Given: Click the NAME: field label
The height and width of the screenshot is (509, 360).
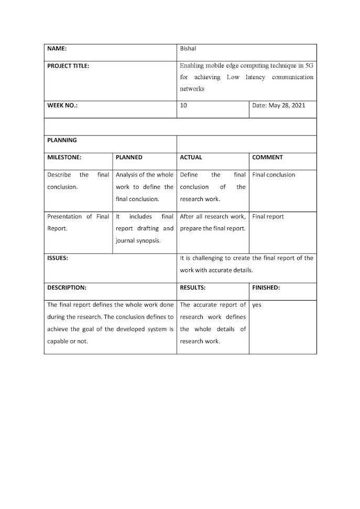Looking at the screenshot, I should [57, 49].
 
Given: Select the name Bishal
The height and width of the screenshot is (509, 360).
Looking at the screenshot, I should [188, 49].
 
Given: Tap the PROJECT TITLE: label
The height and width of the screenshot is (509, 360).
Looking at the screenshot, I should [68, 66].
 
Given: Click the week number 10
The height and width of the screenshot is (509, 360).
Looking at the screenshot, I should [183, 105].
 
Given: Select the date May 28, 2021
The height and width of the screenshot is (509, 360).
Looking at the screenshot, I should [278, 105].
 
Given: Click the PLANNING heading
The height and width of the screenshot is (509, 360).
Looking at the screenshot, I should [62, 140].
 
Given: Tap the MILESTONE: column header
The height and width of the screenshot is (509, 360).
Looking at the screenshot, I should [64, 157].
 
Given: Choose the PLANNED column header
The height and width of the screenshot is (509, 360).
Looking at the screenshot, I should [129, 157].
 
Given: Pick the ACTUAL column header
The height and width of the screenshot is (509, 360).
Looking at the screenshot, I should [191, 157].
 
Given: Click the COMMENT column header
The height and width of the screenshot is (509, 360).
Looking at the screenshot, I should [267, 157].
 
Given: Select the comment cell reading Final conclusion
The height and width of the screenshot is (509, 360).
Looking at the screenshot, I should [274, 175].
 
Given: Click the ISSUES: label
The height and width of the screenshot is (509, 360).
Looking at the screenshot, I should [58, 258].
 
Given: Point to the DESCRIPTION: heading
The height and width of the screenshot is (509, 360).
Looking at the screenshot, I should [67, 287].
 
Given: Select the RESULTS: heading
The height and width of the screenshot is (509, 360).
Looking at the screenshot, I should [192, 287].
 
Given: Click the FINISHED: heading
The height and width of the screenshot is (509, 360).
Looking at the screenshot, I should [266, 287].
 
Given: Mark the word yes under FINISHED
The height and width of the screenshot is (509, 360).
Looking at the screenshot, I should [257, 305].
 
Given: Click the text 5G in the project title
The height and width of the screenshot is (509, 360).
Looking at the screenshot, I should [309, 66].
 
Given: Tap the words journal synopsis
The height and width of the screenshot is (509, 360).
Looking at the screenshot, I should [137, 241].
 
